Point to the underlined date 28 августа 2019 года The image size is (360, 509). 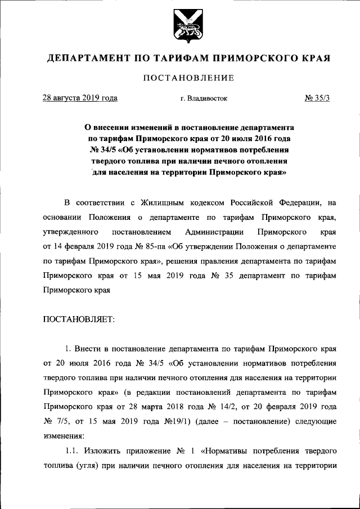(80, 98)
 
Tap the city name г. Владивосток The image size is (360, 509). (204, 98)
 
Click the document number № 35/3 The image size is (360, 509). (317, 98)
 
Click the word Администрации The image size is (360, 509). (214, 232)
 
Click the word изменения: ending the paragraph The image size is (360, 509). (63, 435)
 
